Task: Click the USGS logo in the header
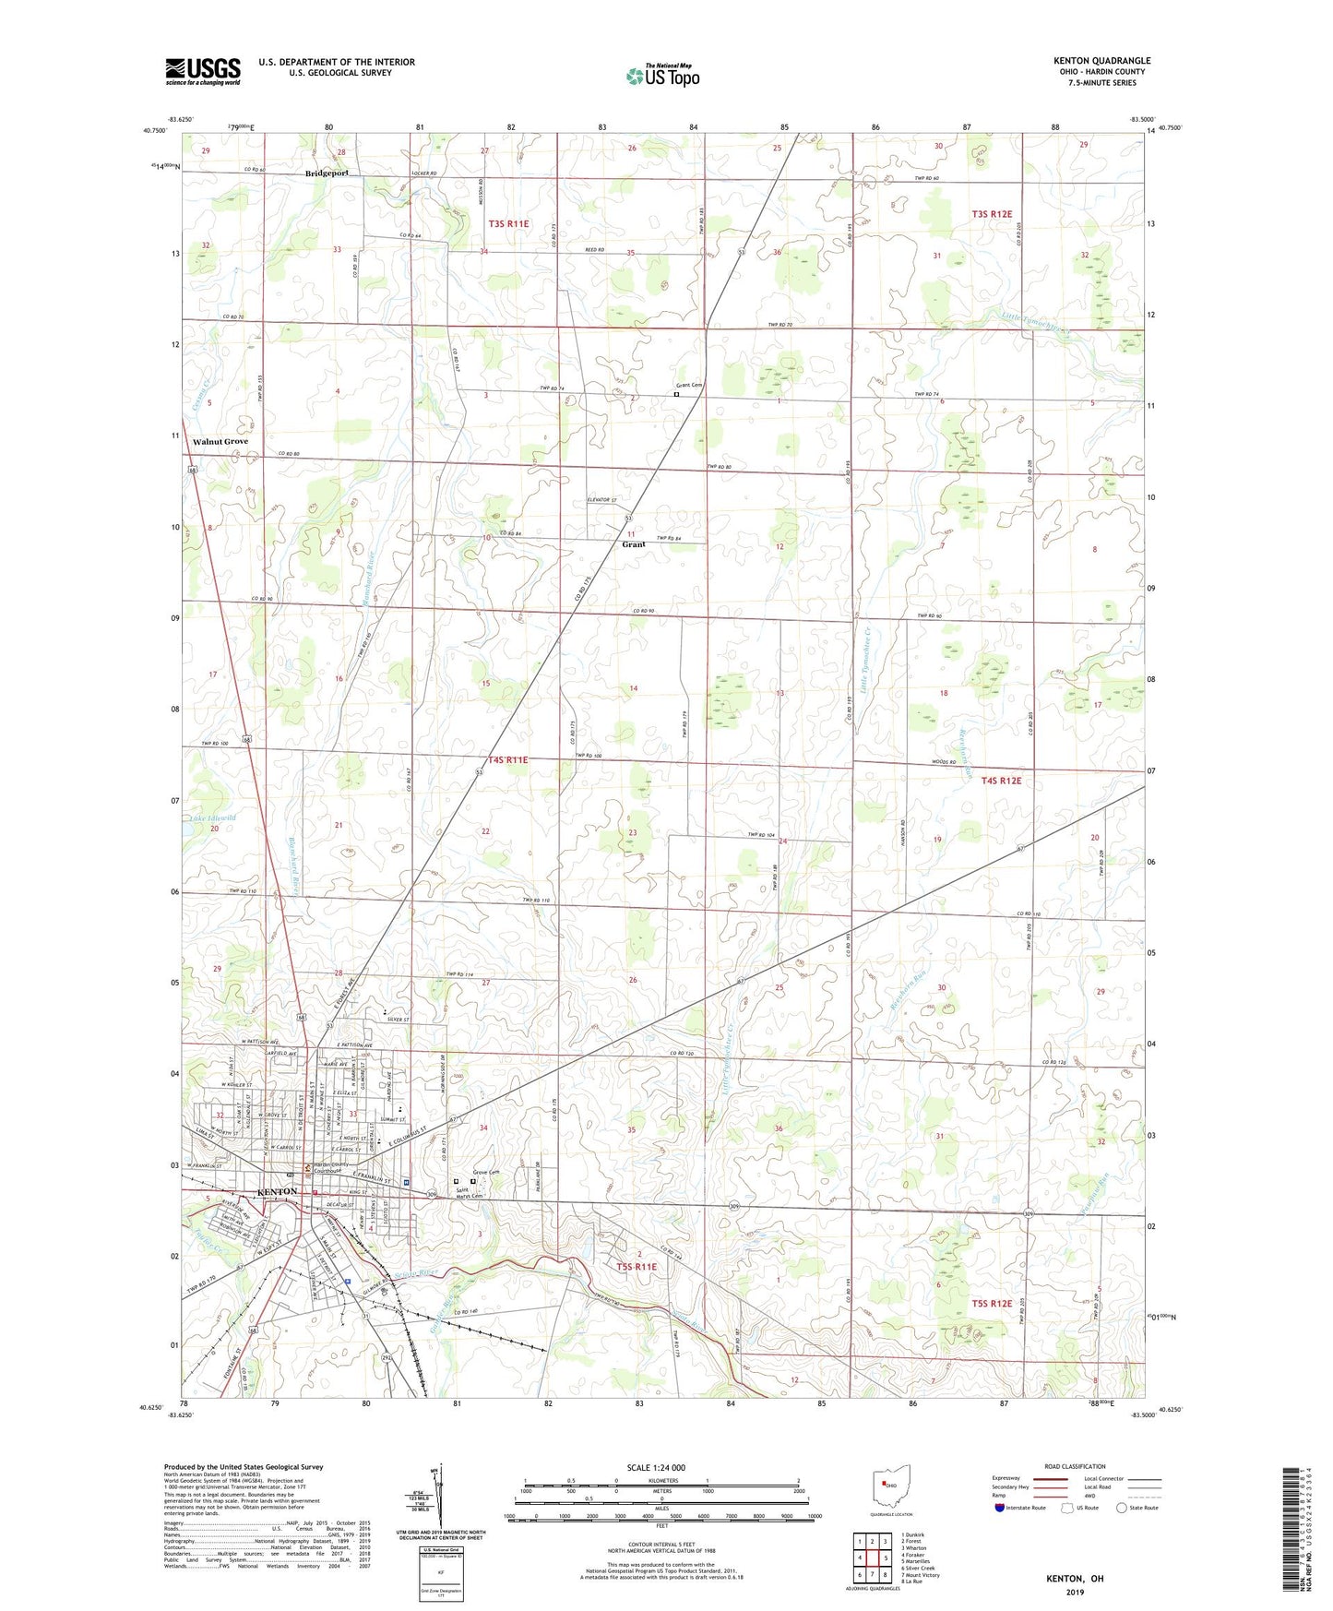point(203,71)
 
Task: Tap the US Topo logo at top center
point(662,76)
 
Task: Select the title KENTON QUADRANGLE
point(1101,61)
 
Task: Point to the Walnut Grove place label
point(220,442)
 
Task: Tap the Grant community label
point(633,544)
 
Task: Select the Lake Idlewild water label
point(213,817)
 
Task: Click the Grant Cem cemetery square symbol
point(676,394)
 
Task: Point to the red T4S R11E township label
point(508,759)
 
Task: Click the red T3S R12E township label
point(998,214)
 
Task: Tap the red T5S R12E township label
point(992,1304)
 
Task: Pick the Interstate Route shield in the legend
point(1000,1508)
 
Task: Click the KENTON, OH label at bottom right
point(1074,1578)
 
